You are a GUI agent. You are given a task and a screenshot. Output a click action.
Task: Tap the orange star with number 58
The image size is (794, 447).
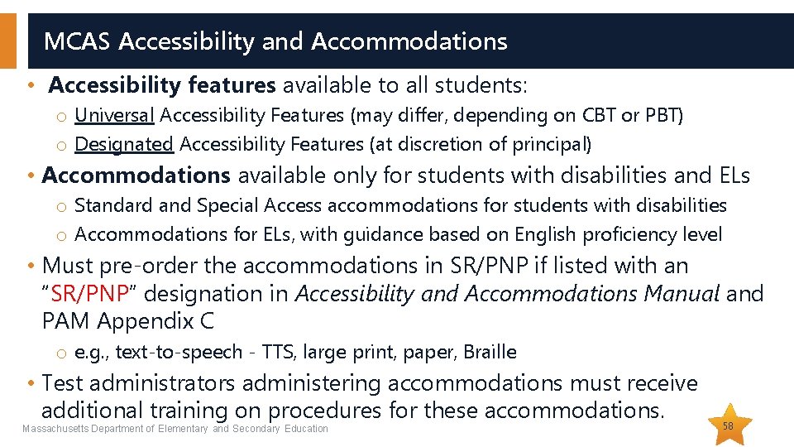click(x=728, y=425)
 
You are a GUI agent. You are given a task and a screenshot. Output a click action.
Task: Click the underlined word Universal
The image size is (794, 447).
click(x=115, y=115)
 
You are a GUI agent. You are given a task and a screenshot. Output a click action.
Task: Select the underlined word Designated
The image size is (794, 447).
click(x=124, y=144)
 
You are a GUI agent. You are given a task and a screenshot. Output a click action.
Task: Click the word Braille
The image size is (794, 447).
click(x=490, y=353)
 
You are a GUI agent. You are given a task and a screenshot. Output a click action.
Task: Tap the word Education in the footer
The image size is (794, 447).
click(x=306, y=429)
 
